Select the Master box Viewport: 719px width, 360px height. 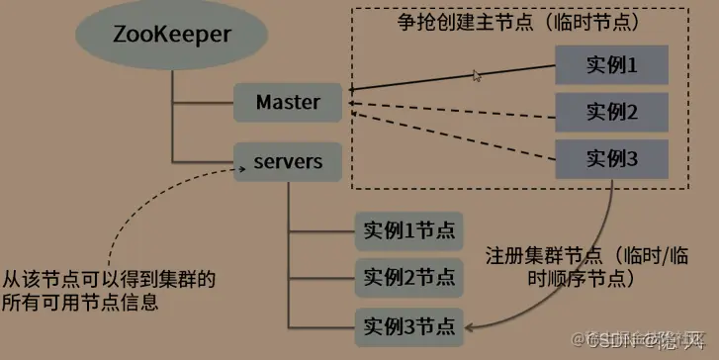point(288,102)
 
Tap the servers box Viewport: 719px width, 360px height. point(288,160)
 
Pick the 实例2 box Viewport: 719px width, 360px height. point(611,111)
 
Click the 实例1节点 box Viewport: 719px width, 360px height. point(407,230)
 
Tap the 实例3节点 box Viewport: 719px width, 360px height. point(407,323)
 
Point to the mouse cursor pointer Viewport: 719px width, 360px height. point(477,75)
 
